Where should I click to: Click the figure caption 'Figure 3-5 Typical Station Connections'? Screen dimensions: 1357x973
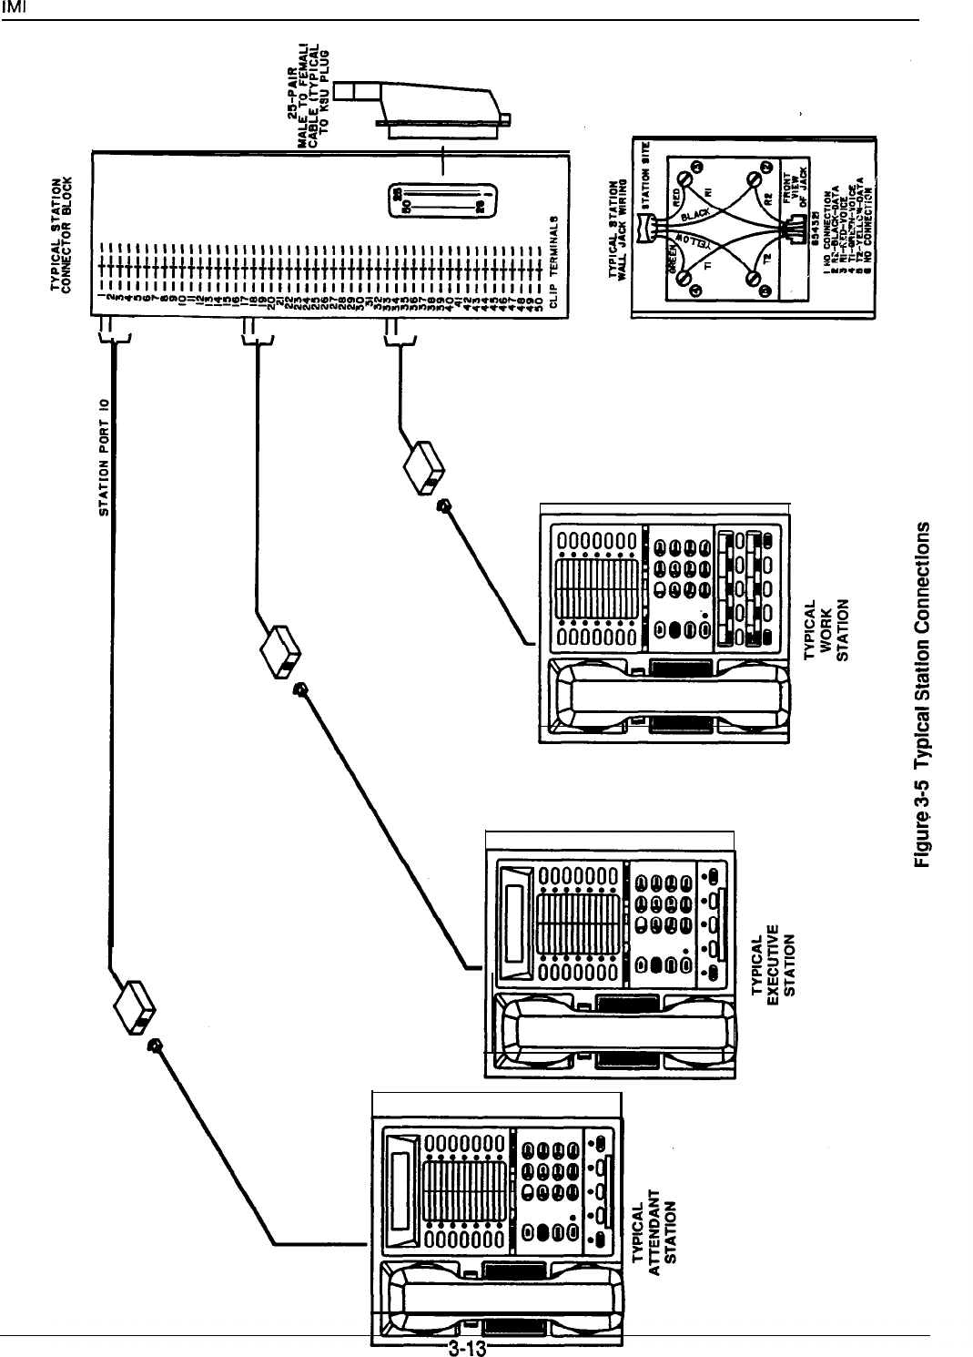[927, 696]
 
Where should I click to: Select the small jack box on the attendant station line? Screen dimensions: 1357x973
[134, 1007]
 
